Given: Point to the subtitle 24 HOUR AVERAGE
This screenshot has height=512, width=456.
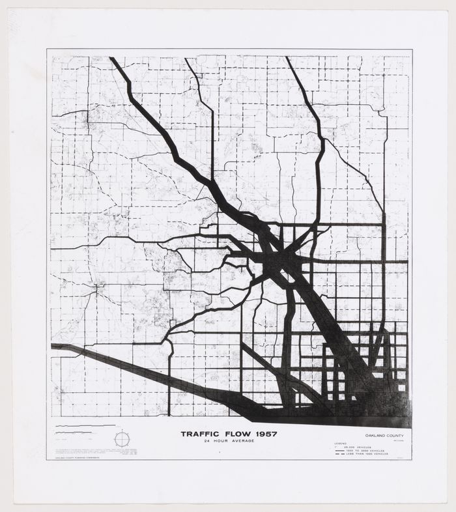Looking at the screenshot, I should (x=229, y=441).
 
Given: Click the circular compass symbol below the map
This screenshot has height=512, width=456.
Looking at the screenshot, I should (x=122, y=439).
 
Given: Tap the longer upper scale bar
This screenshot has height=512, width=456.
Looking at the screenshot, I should (x=77, y=428).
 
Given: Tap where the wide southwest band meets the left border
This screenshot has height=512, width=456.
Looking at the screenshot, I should (x=53, y=347).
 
